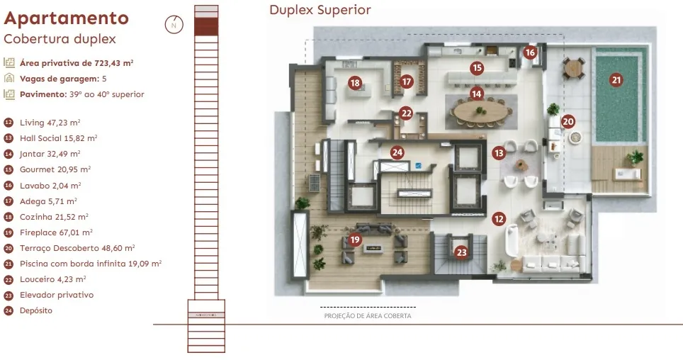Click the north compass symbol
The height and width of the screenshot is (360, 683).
point(174,25)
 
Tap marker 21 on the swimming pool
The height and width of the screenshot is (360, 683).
point(616,80)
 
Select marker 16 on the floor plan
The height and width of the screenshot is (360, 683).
point(530,52)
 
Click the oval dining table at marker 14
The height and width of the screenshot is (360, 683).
point(481,111)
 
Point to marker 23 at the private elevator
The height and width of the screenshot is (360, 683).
point(461,252)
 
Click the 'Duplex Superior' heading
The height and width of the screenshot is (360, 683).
point(320,10)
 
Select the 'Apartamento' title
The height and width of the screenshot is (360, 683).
point(66,18)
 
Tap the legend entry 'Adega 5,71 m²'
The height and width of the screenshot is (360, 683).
point(48,201)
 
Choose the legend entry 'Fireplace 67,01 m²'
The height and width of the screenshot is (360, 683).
point(56,232)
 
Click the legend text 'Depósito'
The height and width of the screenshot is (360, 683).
point(36,311)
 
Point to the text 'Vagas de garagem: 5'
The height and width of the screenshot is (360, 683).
point(63,79)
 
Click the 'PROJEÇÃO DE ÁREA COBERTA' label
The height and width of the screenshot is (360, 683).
point(368,316)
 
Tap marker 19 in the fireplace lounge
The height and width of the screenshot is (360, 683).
point(355,240)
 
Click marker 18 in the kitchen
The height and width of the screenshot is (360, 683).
point(355,83)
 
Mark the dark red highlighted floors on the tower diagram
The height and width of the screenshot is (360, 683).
point(206,26)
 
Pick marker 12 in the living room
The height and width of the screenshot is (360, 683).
point(499,219)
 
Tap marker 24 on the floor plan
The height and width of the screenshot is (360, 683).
point(397,152)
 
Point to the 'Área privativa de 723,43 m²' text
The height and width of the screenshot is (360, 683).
point(77,63)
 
